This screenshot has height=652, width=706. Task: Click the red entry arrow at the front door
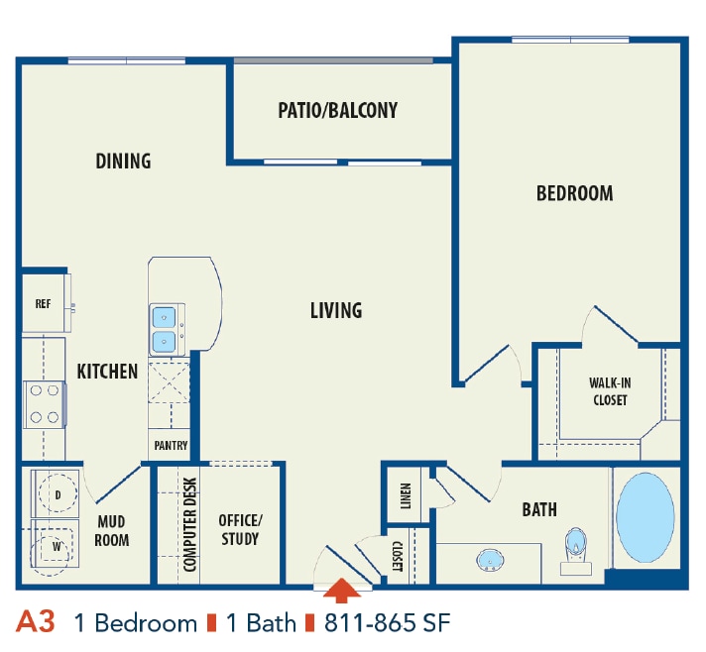click(x=340, y=591)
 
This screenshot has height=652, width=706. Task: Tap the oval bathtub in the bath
click(x=646, y=517)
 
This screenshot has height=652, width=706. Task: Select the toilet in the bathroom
click(x=576, y=550)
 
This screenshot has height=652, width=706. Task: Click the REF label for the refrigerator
click(x=43, y=304)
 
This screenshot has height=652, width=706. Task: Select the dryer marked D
click(x=58, y=493)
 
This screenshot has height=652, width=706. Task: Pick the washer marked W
click(x=57, y=544)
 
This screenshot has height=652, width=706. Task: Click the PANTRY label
click(x=171, y=446)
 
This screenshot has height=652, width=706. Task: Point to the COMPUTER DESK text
click(x=190, y=525)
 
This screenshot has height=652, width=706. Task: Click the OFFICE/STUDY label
click(x=240, y=529)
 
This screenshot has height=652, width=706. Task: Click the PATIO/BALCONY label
click(x=337, y=110)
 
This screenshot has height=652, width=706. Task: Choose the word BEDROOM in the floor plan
click(x=574, y=193)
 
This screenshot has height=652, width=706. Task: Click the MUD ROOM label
click(x=112, y=531)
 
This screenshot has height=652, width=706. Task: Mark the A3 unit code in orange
click(x=36, y=622)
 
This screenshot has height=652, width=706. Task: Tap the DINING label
click(x=123, y=161)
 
